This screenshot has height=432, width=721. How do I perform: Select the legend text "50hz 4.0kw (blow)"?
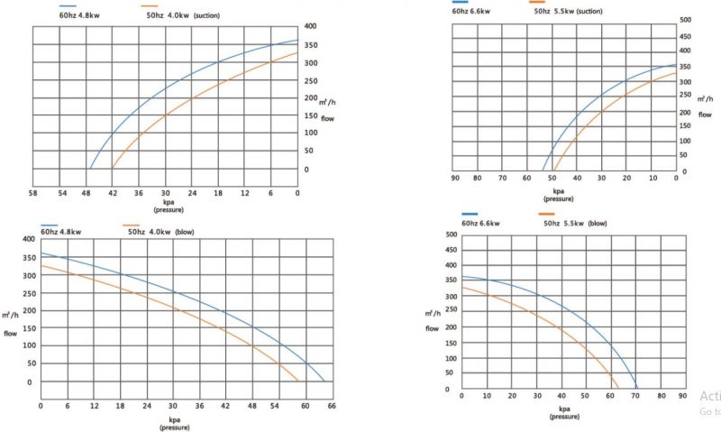[161, 232]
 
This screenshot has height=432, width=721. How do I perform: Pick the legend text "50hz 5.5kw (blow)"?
[575, 222]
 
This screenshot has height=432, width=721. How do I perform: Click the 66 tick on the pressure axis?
[332, 405]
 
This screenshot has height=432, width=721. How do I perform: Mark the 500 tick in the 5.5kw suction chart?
[685, 19]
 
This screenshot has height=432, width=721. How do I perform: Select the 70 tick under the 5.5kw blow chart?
[636, 396]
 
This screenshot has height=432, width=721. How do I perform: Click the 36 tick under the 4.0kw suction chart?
[139, 193]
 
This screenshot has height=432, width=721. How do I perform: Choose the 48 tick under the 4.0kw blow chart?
[252, 405]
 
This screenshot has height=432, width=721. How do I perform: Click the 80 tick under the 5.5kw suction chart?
[478, 178]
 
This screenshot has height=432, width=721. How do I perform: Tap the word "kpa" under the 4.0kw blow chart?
[174, 419]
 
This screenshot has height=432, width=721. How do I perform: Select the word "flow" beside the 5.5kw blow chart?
[434, 327]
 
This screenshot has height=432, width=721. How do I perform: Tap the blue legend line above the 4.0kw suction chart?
[68, 7]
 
